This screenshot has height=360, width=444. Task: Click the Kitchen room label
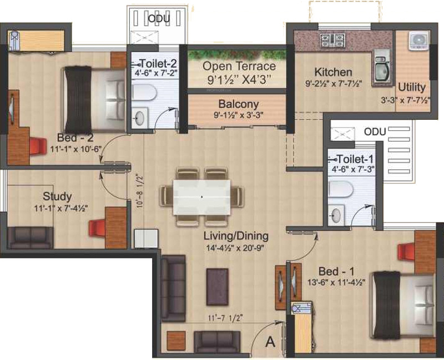click(x=333, y=72)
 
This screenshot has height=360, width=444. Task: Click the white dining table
click(x=201, y=196)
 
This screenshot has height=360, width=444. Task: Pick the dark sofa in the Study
click(x=31, y=237)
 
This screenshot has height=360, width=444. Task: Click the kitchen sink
click(x=381, y=69)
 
